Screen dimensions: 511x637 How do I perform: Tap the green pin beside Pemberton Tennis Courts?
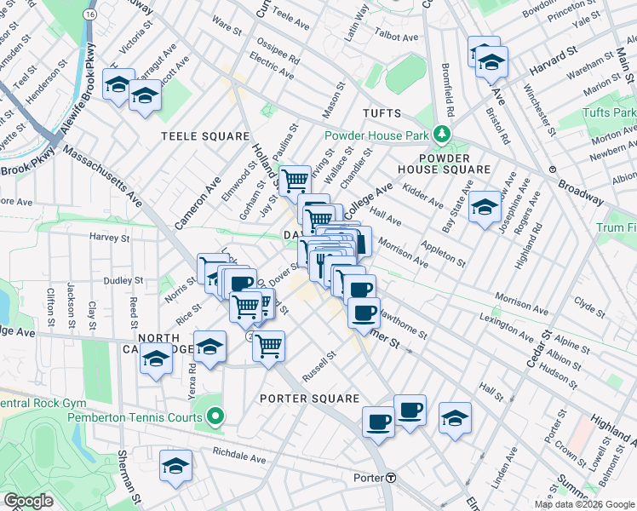click(215, 416)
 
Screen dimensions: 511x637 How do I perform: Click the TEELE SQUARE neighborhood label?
click(207, 136)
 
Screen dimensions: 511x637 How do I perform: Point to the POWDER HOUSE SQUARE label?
click(456, 164)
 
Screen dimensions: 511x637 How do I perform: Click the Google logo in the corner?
click(29, 501)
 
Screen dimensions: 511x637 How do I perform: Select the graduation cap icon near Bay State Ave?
click(485, 206)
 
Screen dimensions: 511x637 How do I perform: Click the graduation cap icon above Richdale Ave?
click(176, 465)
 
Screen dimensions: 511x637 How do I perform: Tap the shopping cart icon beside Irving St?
click(295, 180)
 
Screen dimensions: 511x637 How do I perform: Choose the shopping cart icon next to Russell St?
click(268, 345)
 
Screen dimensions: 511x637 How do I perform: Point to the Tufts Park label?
click(609, 112)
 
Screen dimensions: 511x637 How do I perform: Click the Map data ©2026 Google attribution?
click(583, 503)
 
